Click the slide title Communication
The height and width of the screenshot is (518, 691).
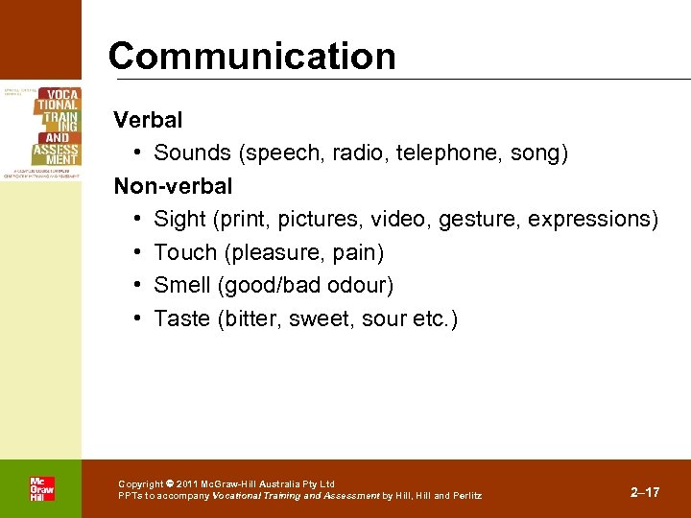pyautogui.click(x=251, y=57)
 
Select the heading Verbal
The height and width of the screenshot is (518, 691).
pyautogui.click(x=148, y=121)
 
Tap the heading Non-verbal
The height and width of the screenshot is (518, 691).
pyautogui.click(x=173, y=185)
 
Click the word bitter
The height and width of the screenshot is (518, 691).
pyautogui.click(x=248, y=318)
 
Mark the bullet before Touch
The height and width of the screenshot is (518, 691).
pyautogui.click(x=139, y=253)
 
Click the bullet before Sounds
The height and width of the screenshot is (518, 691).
pyautogui.click(x=139, y=153)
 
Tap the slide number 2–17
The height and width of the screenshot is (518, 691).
pyautogui.click(x=645, y=492)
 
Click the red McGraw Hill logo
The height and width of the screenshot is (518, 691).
pyautogui.click(x=41, y=488)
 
